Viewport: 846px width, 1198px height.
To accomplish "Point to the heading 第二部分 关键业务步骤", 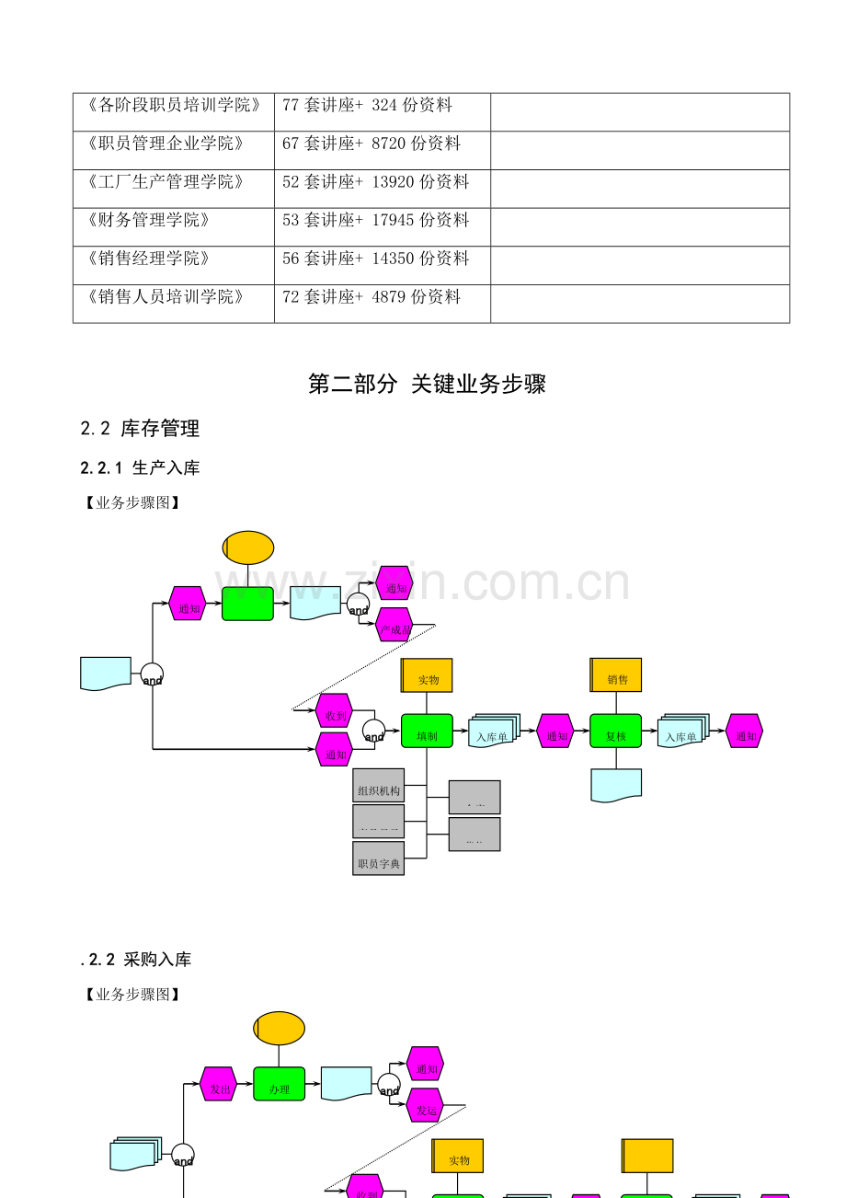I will pyautogui.click(x=427, y=384).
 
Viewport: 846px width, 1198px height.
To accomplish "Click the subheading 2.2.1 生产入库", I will pyautogui.click(x=140, y=467).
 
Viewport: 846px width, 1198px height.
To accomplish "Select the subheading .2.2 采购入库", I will pyautogui.click(x=136, y=960).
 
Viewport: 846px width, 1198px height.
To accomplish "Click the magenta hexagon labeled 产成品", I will pyautogui.click(x=394, y=628).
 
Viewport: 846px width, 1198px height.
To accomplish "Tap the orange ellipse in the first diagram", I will pyautogui.click(x=248, y=547).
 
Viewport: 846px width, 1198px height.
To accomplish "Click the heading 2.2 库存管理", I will pyautogui.click(x=140, y=428).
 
